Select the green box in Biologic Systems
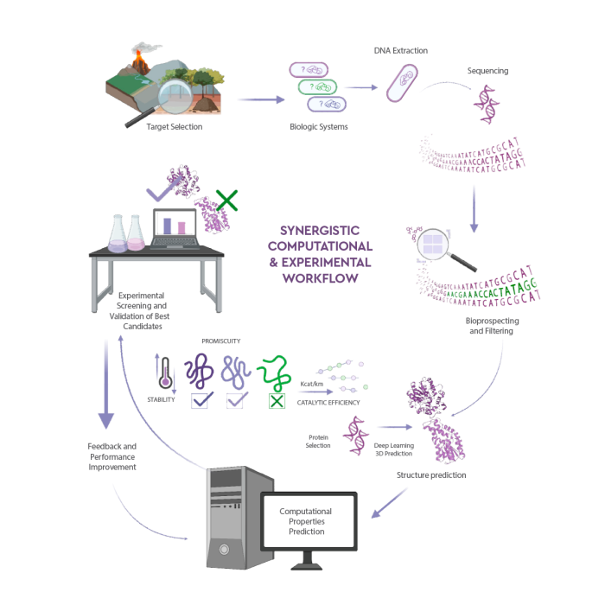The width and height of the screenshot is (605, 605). [316, 87]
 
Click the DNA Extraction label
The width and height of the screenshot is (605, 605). [400, 50]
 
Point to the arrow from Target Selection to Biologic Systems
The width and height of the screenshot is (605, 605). [260, 99]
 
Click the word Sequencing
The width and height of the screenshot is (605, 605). [487, 71]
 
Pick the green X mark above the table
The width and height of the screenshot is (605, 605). [226, 201]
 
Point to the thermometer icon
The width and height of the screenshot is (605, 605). [164, 372]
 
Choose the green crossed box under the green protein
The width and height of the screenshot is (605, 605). [277, 400]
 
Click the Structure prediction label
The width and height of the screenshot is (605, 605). [430, 474]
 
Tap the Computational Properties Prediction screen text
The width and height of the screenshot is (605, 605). [304, 521]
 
